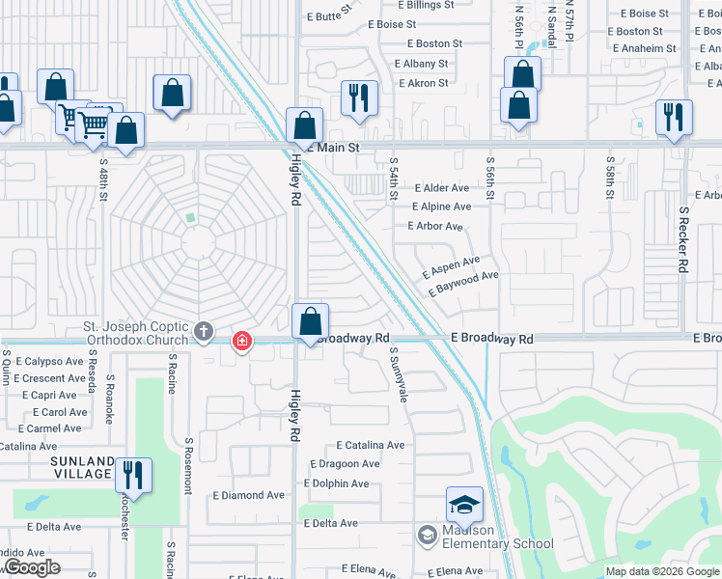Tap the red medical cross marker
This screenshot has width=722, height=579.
point(241,341)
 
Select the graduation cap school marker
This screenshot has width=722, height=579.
point(464,505)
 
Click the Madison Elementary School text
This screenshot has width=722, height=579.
point(498,537)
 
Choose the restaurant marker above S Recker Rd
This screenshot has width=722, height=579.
point(673,118)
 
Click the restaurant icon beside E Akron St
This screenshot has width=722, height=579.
point(357,97)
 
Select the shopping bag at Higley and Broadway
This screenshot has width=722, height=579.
point(311,320)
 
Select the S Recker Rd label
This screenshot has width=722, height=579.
point(683,237)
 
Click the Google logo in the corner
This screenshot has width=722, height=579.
point(32,567)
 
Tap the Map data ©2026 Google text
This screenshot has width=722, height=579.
point(662,571)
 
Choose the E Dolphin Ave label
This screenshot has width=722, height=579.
point(336,483)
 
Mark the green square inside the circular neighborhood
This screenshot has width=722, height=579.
point(190,218)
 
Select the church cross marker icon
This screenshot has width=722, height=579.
point(203,332)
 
